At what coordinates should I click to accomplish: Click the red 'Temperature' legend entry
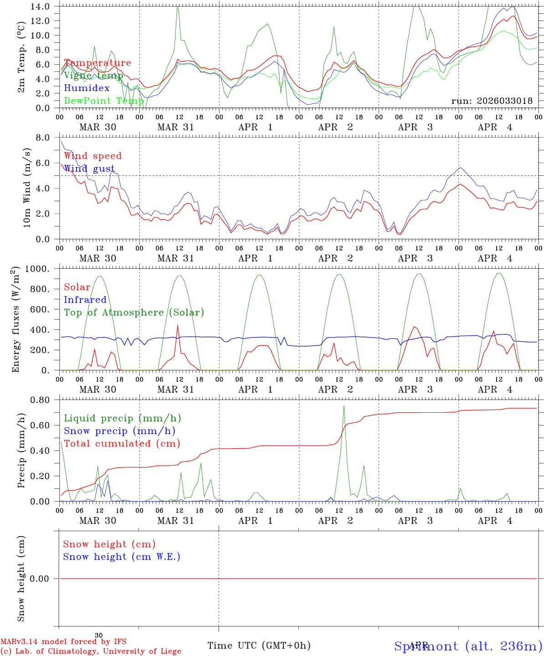(x=98, y=63)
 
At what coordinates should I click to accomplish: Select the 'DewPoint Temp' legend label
(x=104, y=101)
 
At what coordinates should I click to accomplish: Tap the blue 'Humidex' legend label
(x=87, y=88)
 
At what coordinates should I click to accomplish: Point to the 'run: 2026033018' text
(x=492, y=101)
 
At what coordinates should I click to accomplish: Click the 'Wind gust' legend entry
(x=89, y=169)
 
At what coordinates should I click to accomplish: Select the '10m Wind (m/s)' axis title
(x=27, y=188)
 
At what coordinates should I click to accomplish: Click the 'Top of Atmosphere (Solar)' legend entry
(x=134, y=313)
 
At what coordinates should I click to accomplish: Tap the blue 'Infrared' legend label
(x=85, y=300)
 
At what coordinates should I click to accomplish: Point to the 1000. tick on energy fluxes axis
(x=44, y=269)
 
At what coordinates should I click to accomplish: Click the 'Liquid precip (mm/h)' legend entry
(x=123, y=418)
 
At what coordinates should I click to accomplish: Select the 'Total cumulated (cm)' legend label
(x=122, y=443)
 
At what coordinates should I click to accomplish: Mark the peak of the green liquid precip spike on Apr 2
(x=344, y=405)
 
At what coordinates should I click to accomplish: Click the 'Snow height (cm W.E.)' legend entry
(x=122, y=557)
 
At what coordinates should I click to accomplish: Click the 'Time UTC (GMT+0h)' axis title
(x=259, y=646)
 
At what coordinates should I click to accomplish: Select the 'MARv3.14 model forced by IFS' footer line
(x=63, y=642)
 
